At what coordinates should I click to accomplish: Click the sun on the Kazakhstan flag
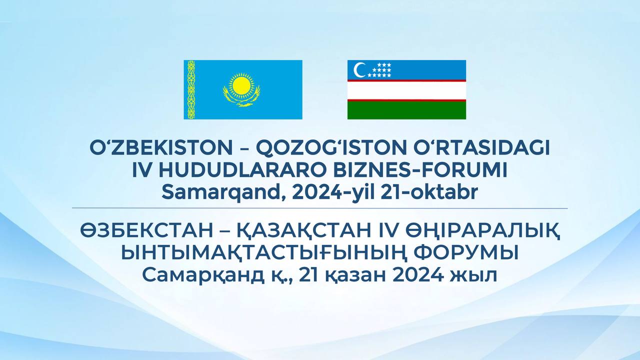point(241,85)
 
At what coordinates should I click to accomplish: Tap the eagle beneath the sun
point(241,97)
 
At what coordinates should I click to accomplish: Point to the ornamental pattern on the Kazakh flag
point(191,89)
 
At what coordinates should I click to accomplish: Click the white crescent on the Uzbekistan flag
point(359,70)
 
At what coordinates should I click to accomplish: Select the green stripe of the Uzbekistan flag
point(406,110)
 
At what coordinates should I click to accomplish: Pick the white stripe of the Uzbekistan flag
point(406,90)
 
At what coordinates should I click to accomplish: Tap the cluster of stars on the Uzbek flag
point(379,70)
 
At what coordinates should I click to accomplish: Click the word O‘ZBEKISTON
point(161,148)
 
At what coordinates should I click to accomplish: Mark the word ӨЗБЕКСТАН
point(146,231)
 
